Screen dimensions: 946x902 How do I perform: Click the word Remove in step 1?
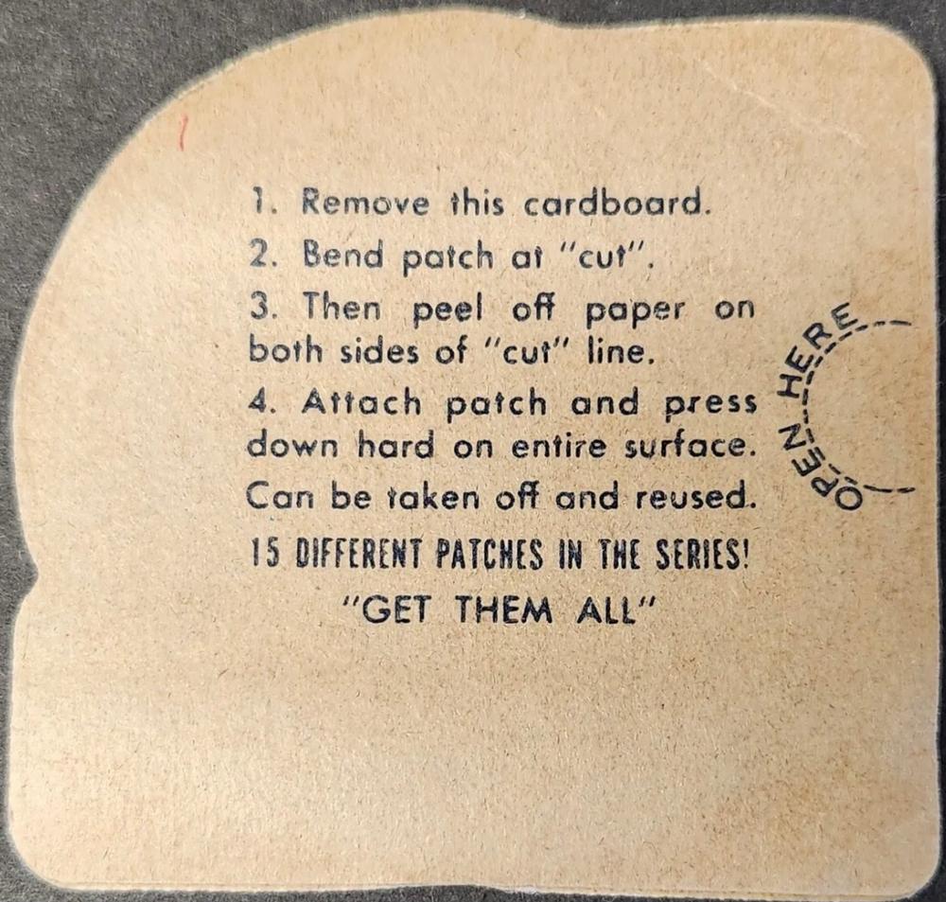coord(365,202)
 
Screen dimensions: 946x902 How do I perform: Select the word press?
coord(710,405)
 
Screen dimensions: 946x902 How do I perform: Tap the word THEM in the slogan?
coord(503,609)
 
